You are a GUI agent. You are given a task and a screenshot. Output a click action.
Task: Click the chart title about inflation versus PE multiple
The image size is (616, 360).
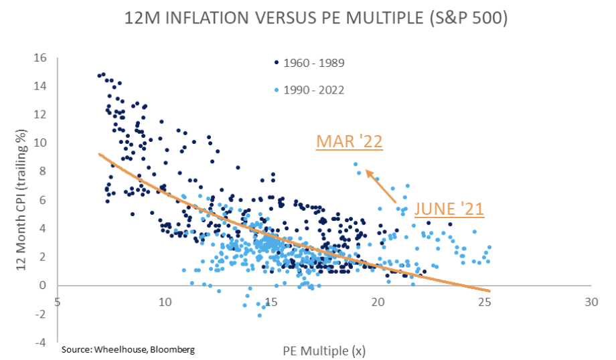(x=307, y=18)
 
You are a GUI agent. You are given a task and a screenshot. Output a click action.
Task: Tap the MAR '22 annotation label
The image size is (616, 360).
(x=350, y=142)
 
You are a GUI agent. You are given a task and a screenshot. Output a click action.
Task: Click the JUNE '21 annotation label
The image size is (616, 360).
(x=449, y=208)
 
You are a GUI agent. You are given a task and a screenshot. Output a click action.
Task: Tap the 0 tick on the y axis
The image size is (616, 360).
(x=43, y=286)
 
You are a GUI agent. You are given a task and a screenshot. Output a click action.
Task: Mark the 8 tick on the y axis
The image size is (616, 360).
(x=43, y=171)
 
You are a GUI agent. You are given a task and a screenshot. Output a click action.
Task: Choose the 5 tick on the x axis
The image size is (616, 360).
(x=58, y=302)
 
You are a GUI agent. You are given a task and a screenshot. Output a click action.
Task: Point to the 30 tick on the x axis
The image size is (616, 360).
(x=590, y=302)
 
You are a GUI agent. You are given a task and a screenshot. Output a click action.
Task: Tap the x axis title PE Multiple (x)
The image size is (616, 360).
(x=324, y=349)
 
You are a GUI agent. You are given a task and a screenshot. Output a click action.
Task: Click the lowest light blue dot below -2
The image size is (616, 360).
(x=259, y=315)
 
